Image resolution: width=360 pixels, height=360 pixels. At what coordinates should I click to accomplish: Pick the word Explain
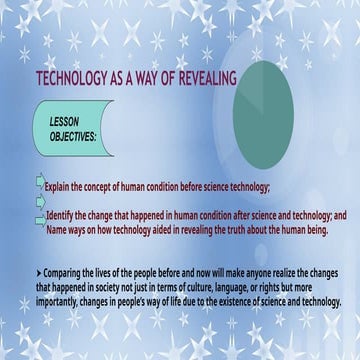pyautogui.click(x=61, y=187)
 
